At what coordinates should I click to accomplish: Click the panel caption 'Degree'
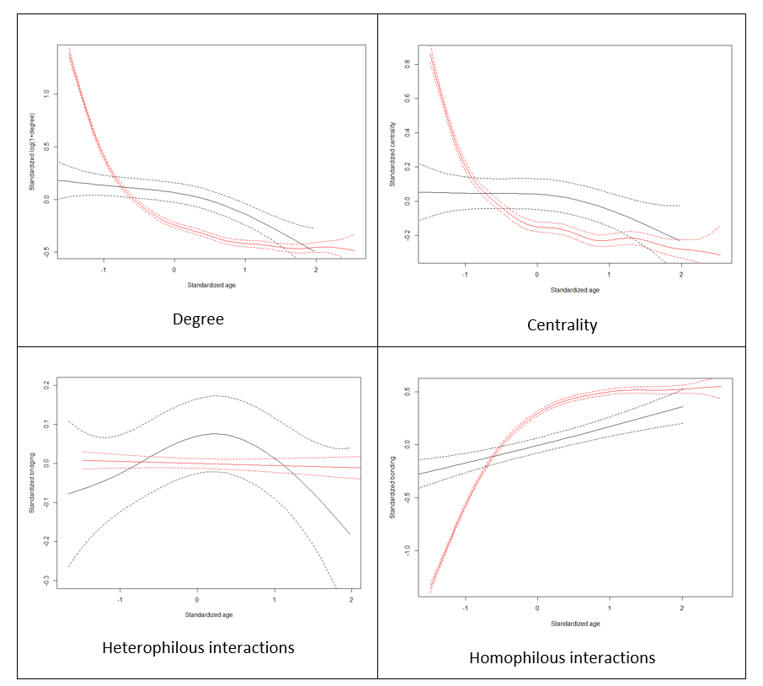tap(198, 319)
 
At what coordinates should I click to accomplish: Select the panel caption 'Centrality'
tap(562, 324)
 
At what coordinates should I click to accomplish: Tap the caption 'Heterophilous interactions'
tap(198, 648)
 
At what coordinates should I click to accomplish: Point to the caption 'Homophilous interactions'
tap(562, 657)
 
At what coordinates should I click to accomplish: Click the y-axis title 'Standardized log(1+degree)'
tap(31, 148)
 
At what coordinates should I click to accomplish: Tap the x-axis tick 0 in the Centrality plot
tap(537, 275)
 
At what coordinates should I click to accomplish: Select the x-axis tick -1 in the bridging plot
tap(121, 600)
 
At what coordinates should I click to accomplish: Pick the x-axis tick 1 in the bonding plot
tap(610, 608)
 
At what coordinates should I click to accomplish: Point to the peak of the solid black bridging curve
tap(215, 433)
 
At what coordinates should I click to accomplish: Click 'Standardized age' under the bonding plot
tap(574, 624)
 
